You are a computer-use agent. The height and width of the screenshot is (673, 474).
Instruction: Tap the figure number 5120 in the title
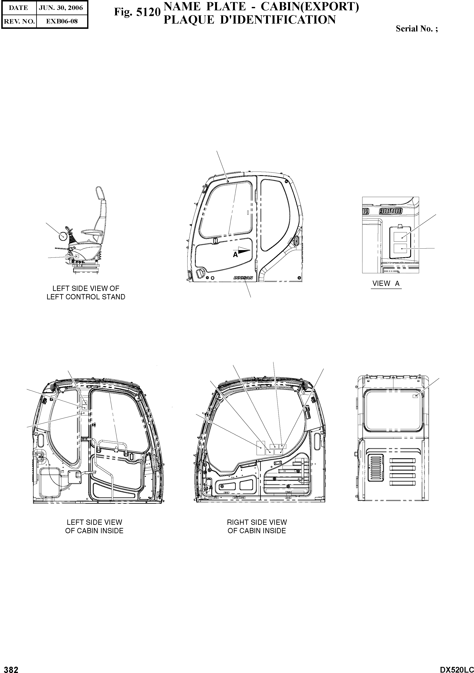[150, 12]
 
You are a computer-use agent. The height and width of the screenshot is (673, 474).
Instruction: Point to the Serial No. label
[417, 29]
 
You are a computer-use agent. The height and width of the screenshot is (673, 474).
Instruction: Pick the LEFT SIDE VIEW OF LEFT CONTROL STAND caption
[86, 293]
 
